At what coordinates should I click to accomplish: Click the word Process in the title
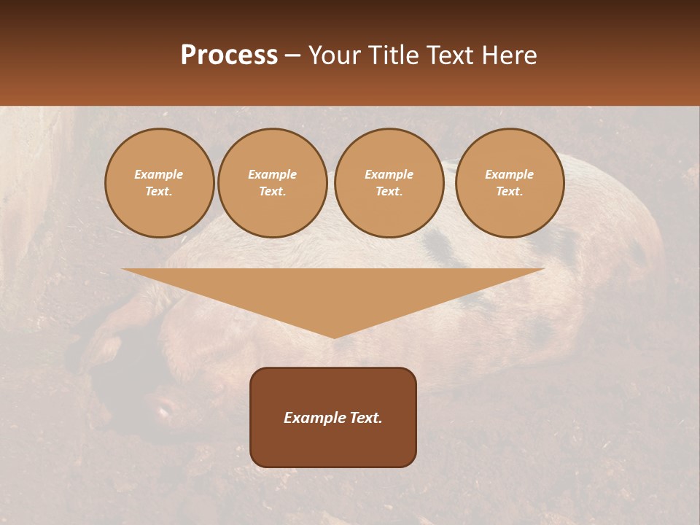coord(229,55)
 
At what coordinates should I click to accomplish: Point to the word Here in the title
coord(510,55)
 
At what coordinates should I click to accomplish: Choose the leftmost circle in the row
coord(159,183)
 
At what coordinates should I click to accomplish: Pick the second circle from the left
coord(273,183)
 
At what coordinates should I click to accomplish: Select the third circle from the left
coord(389,183)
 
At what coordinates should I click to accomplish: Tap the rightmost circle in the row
coord(509,183)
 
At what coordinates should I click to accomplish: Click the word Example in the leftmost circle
coord(159,175)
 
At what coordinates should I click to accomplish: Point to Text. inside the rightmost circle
coord(509,192)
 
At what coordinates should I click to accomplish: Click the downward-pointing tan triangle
coord(333,292)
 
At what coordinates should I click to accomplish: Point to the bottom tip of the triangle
coord(334,337)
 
